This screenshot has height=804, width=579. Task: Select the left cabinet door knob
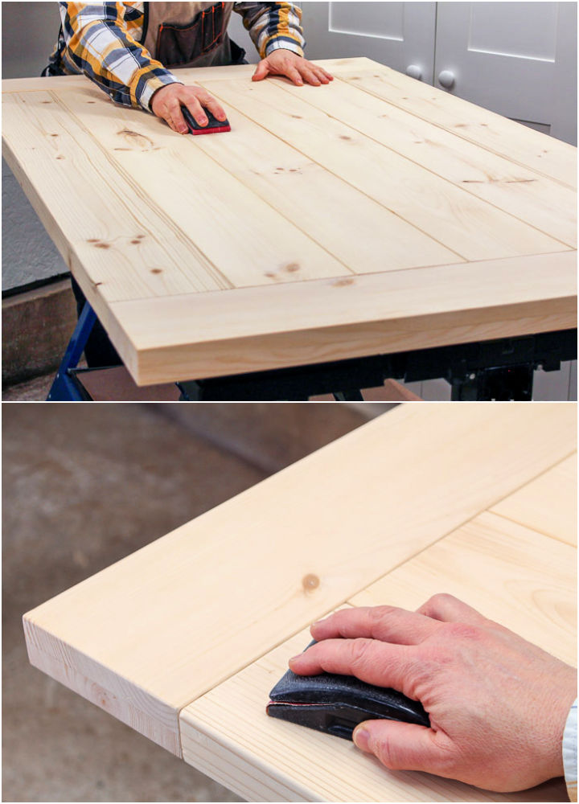pyautogui.click(x=414, y=72)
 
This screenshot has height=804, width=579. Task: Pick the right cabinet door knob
pyautogui.click(x=446, y=78)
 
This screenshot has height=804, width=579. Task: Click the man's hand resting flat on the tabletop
pyautogui.click(x=291, y=68)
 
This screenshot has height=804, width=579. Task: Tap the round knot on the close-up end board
pyautogui.click(x=310, y=581)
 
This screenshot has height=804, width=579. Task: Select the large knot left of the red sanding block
pyautogui.click(x=135, y=139)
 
